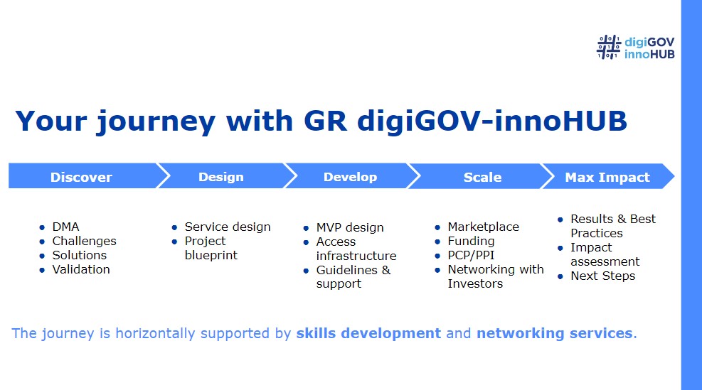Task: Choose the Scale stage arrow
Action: coord(480,176)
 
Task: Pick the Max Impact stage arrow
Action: coord(607,176)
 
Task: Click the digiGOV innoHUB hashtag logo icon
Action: coord(608,47)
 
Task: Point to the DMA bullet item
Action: coord(65,227)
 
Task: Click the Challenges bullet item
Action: coord(84,241)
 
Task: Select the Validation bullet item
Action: coord(81,269)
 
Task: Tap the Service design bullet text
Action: coord(228,227)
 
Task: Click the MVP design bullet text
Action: coord(350,227)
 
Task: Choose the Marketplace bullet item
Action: coord(483,227)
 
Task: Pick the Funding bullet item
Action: coord(471,241)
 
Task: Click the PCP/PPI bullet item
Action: coord(471,255)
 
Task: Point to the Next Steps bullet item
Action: coord(602,276)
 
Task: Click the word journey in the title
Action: coord(156,122)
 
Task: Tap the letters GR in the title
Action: coord(325,121)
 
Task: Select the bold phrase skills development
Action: coord(368,333)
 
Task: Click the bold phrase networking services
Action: coord(554,333)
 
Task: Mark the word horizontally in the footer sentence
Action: coord(155,334)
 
